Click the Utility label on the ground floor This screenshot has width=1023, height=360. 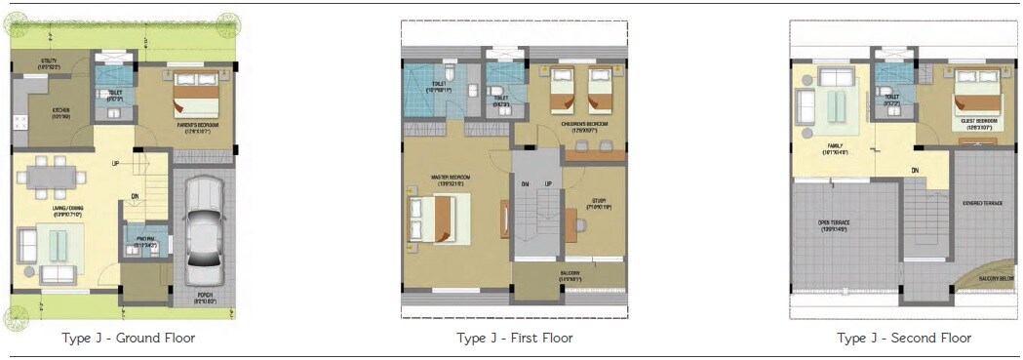49,63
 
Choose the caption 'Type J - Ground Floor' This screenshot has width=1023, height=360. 129,339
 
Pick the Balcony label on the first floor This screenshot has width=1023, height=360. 571,277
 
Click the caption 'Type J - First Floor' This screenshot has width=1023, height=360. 514,339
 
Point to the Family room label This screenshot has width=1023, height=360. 839,148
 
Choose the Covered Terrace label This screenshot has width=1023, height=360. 982,203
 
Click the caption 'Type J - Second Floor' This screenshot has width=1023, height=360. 903,339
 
